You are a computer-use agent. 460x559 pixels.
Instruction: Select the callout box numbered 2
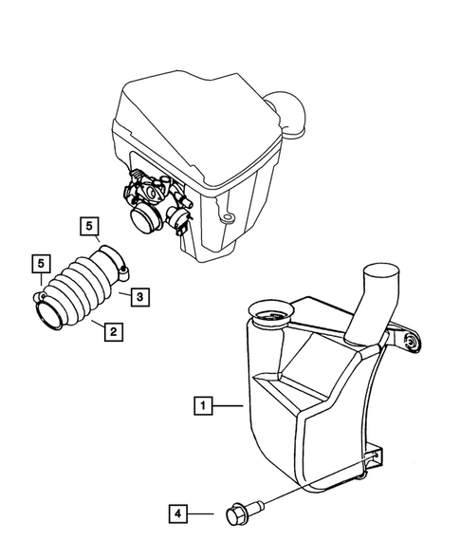pos(112,331)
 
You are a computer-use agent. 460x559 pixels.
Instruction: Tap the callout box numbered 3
pos(138,298)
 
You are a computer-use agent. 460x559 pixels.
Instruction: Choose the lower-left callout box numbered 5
pos(40,262)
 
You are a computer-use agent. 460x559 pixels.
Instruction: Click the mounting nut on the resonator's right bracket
pos(411,343)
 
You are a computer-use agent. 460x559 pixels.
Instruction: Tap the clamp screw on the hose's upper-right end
pos(122,271)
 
